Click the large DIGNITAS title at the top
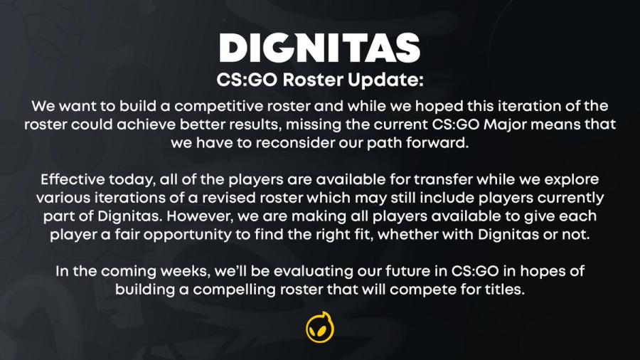coord(319,48)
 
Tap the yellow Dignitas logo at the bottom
coord(320,327)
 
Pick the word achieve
coord(146,125)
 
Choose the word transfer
coord(443,179)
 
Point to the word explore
coord(572,181)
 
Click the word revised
coord(234,198)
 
